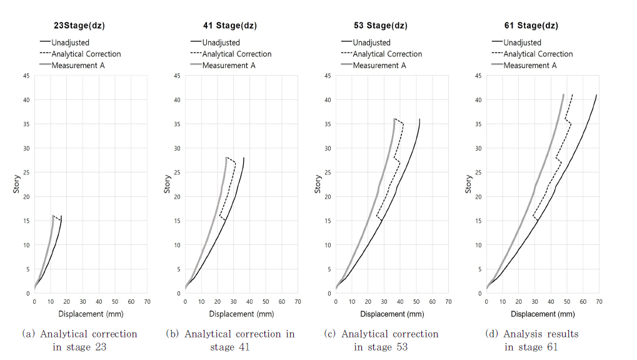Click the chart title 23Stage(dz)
click(x=78, y=26)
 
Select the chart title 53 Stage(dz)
click(x=380, y=26)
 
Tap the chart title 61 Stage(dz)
click(x=531, y=26)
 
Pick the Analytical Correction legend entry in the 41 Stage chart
click(x=236, y=54)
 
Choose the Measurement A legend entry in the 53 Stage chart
click(x=379, y=65)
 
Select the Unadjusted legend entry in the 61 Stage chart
click(x=522, y=42)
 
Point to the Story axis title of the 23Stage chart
click(x=17, y=184)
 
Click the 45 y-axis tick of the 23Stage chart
click(x=28, y=76)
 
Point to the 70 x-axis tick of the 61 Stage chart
click(x=598, y=302)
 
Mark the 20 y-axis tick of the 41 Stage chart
click(x=178, y=196)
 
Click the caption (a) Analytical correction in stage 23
click(x=79, y=340)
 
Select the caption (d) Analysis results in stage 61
click(x=532, y=340)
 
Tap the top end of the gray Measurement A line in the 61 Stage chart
click(x=563, y=95)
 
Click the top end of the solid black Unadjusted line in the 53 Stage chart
click(x=419, y=119)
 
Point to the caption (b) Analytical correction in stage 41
click(x=230, y=340)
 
